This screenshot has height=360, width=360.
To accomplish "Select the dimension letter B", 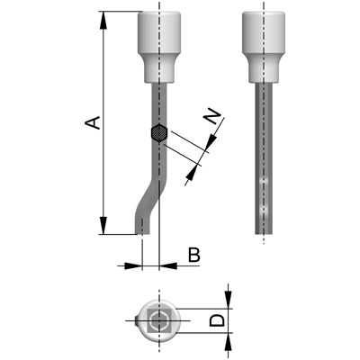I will [x=193, y=256].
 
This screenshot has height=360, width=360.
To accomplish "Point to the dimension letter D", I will [x=217, y=319].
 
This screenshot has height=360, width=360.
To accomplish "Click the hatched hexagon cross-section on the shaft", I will [x=158, y=132].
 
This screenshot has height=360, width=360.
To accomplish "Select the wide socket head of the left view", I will [x=159, y=34].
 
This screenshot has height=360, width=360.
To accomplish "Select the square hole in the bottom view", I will [x=160, y=319].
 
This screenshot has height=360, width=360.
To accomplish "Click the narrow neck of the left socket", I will [x=159, y=68].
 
